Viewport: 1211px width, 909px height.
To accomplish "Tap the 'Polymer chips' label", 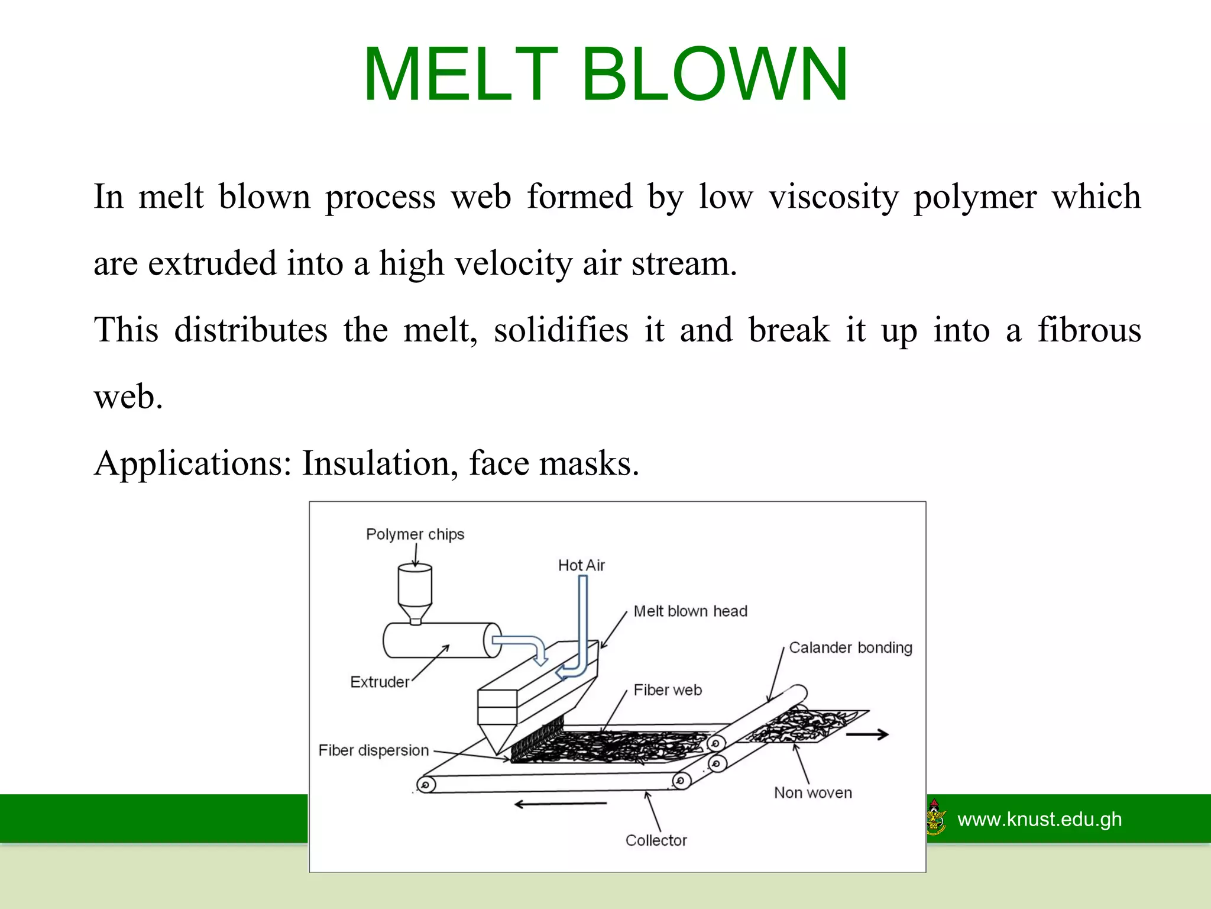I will [x=415, y=534].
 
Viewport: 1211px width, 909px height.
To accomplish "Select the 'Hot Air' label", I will [x=581, y=566].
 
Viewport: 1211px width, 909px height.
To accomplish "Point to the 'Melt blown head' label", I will [x=690, y=611].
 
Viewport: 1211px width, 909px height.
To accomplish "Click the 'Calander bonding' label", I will [x=850, y=648].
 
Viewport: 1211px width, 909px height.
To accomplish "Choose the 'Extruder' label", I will [x=380, y=682].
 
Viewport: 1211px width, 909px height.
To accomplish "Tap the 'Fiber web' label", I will [x=668, y=690].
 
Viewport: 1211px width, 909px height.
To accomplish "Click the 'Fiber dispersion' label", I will [x=374, y=750].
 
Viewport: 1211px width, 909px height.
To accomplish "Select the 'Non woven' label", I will [x=813, y=793].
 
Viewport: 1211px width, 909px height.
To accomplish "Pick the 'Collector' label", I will [x=656, y=840].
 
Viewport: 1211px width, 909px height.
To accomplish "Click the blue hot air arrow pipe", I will [x=582, y=627].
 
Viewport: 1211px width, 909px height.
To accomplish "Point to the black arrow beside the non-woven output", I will [x=867, y=735].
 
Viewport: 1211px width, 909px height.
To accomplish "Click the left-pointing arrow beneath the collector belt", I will [x=560, y=804].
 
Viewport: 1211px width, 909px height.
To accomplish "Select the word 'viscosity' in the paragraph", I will [x=834, y=196].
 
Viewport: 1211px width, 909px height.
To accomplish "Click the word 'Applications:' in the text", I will [x=193, y=463].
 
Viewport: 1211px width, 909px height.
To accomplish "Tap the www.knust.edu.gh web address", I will [x=1040, y=820].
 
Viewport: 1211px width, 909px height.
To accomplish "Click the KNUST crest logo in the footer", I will [x=935, y=817].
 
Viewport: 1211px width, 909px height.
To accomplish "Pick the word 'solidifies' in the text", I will [x=561, y=330].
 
